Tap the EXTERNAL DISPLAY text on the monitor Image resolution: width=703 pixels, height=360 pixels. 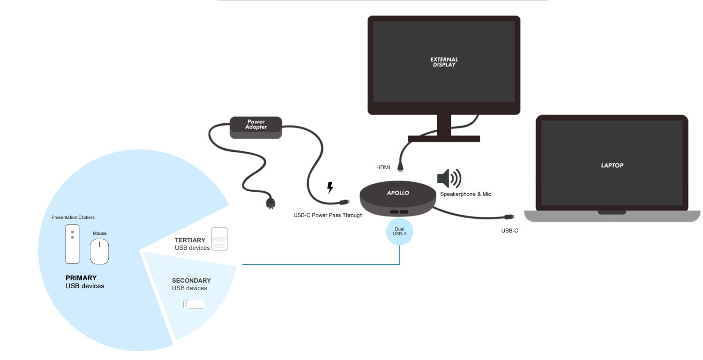(444, 62)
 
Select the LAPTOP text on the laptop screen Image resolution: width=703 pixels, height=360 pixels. (612, 165)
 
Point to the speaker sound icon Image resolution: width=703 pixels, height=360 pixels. (449, 178)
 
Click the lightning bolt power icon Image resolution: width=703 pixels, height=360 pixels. (330, 187)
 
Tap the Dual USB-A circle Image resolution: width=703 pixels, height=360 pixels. (399, 231)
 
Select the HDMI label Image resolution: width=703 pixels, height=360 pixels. (384, 167)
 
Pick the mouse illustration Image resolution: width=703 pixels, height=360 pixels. (99, 251)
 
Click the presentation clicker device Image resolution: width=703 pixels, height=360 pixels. (72, 244)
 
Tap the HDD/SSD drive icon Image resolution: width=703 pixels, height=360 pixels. (219, 239)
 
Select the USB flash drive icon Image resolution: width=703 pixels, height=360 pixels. (194, 304)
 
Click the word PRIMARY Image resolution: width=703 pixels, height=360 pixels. (81, 278)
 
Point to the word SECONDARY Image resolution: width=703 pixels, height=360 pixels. (191, 280)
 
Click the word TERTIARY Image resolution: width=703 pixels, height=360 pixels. (190, 240)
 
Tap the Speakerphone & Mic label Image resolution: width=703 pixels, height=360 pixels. (465, 194)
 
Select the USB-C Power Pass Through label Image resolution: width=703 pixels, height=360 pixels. (325, 216)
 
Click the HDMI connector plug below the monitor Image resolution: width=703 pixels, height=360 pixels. (401, 165)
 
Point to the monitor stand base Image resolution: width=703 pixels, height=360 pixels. (444, 139)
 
